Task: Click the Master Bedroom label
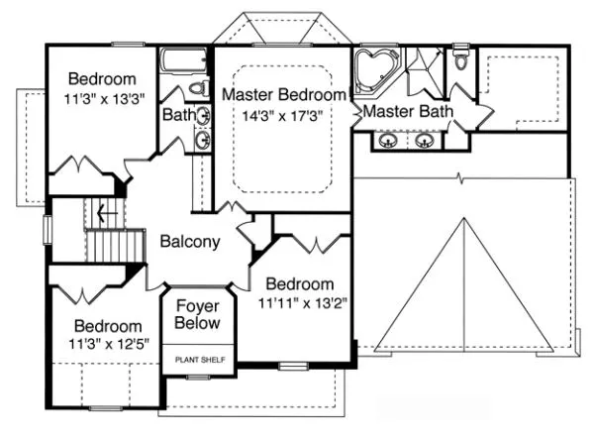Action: (x=284, y=95)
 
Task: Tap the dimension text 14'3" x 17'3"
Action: (x=284, y=115)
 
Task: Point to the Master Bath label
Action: (x=407, y=112)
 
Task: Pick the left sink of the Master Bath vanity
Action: (x=388, y=141)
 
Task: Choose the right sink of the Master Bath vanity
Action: (x=427, y=141)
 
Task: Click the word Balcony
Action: (x=189, y=241)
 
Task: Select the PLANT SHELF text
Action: (x=203, y=359)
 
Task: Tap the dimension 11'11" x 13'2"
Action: (x=299, y=302)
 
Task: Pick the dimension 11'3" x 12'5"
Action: (x=106, y=345)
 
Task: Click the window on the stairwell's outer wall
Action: (x=47, y=228)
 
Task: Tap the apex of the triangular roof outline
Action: (x=462, y=219)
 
